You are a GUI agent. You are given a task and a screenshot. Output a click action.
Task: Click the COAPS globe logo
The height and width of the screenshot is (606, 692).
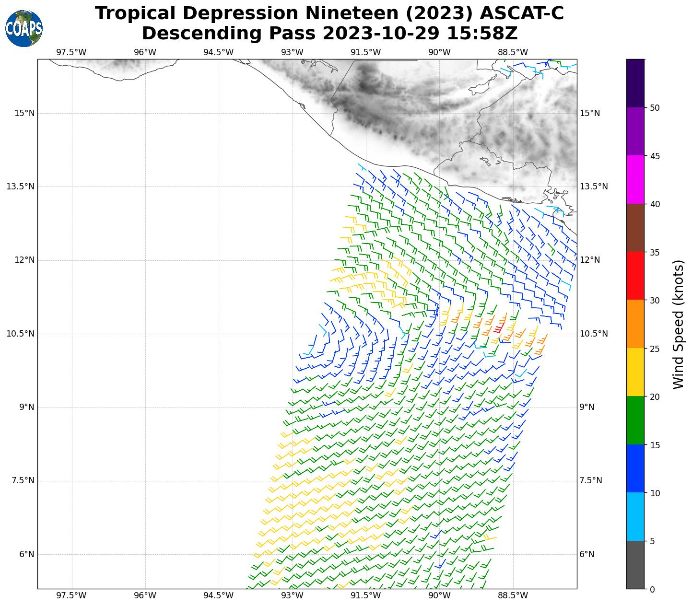coord(24,29)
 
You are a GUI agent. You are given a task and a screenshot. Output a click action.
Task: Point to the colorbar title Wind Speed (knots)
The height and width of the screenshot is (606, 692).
coord(678,324)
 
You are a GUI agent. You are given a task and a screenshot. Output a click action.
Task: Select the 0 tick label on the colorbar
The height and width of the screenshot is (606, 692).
coord(652,590)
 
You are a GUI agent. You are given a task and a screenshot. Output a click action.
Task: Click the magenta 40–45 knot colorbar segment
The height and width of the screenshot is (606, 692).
coord(635,179)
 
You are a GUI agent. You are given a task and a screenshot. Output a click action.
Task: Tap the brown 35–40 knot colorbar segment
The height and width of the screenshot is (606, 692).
coord(635,228)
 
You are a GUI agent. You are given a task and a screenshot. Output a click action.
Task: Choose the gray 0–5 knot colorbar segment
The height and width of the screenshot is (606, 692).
coord(635,565)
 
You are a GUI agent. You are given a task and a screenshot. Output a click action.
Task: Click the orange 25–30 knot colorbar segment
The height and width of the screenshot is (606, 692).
coord(635,324)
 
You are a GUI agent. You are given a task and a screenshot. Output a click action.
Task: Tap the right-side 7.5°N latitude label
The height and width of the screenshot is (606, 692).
coord(591,481)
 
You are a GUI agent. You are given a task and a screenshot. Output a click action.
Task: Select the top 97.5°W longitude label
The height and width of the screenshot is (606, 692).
coord(71,52)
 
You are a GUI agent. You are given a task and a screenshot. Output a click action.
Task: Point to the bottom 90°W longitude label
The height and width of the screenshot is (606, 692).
coord(439,596)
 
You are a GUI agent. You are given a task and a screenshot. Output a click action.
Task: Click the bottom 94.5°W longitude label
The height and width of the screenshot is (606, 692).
coord(219,596)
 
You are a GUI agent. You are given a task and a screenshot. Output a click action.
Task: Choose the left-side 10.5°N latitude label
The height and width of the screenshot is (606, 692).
coord(21,334)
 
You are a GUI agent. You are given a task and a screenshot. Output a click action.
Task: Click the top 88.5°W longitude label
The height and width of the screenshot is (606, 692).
coord(513,52)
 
